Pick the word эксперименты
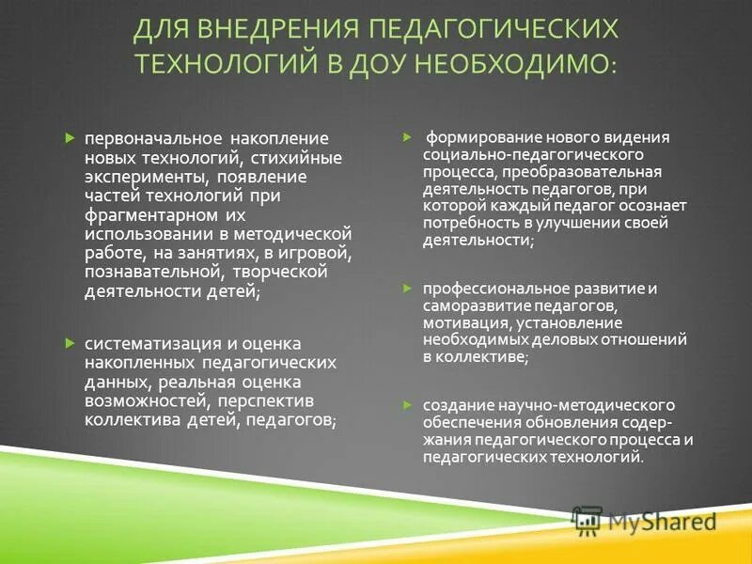[142, 176]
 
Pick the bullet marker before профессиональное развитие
[408, 289]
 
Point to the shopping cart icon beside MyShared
[587, 520]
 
